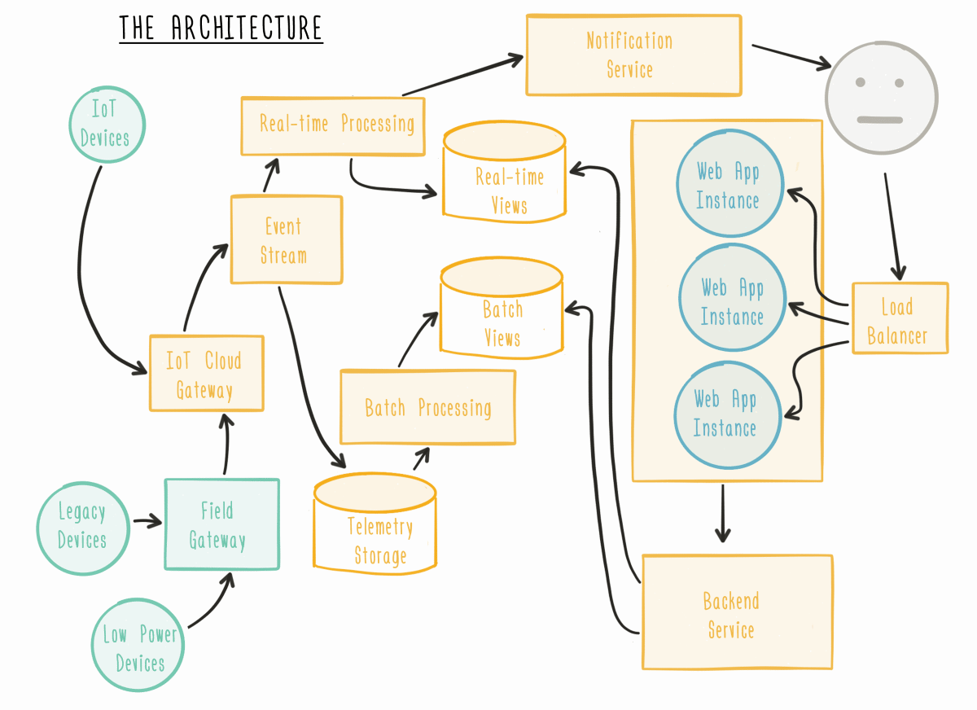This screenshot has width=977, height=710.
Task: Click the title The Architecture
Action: coord(221,28)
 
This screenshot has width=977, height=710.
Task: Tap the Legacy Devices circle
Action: coord(82,526)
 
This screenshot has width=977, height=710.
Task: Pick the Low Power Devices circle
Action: coord(140,648)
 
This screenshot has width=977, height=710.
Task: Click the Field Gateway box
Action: coord(221,524)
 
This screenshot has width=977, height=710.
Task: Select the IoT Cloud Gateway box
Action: coord(206,373)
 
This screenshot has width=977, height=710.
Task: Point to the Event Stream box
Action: coord(286,239)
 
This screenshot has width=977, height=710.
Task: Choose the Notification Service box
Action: coord(633,55)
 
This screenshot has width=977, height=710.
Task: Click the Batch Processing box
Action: coord(427,407)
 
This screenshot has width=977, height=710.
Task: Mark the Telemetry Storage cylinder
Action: coord(375,529)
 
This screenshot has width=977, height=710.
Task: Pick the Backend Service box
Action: coord(737,612)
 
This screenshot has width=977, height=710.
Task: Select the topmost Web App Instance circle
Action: coord(729,185)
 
